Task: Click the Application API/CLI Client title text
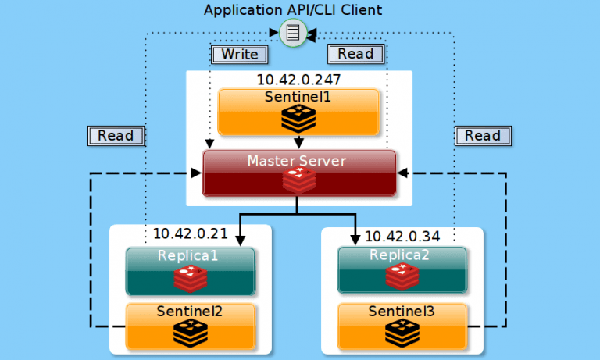(x=292, y=10)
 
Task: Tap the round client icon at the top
(x=292, y=34)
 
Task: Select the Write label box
(x=239, y=54)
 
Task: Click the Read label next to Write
(x=355, y=54)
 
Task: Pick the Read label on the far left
(x=116, y=135)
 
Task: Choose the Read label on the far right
(x=482, y=135)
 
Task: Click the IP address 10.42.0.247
(x=298, y=80)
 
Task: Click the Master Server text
(x=297, y=161)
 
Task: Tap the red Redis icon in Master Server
(x=298, y=180)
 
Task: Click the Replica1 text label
(x=191, y=255)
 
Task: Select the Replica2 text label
(x=402, y=255)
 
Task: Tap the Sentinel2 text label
(x=190, y=312)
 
